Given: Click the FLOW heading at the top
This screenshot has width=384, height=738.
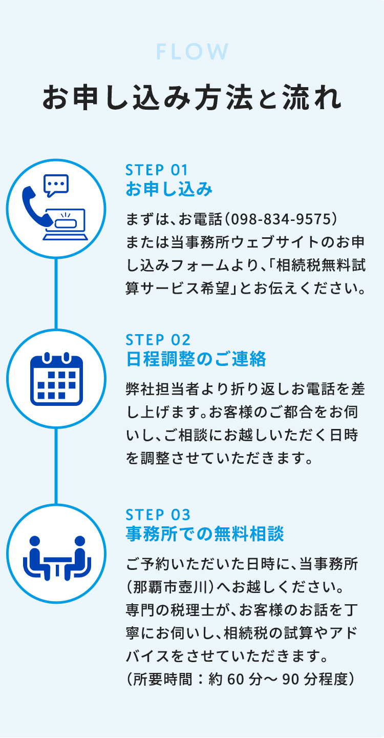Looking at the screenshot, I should point(192,52).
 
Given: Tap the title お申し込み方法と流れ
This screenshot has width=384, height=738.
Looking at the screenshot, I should point(192,98).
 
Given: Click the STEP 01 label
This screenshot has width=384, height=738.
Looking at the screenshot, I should point(157,170).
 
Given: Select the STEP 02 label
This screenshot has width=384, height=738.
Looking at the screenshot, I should point(158,340).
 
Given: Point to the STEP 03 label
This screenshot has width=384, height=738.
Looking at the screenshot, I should point(158,515).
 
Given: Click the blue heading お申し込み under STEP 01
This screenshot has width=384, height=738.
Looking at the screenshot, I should point(169,190).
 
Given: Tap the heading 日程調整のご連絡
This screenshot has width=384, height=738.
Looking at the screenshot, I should point(196,360).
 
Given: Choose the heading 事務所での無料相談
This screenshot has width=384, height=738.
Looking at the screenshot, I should point(205,535).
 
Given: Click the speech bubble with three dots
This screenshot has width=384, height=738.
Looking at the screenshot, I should point(56,185).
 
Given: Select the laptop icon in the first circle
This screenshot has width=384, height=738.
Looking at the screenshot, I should point(66,224).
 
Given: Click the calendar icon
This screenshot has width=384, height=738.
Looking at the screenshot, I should point(56,379).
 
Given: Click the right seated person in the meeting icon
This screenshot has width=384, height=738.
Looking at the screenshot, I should point(78,557).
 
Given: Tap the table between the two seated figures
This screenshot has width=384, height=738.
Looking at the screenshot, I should point(56,563).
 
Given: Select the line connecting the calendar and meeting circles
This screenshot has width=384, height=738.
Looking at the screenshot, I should point(56,466).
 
